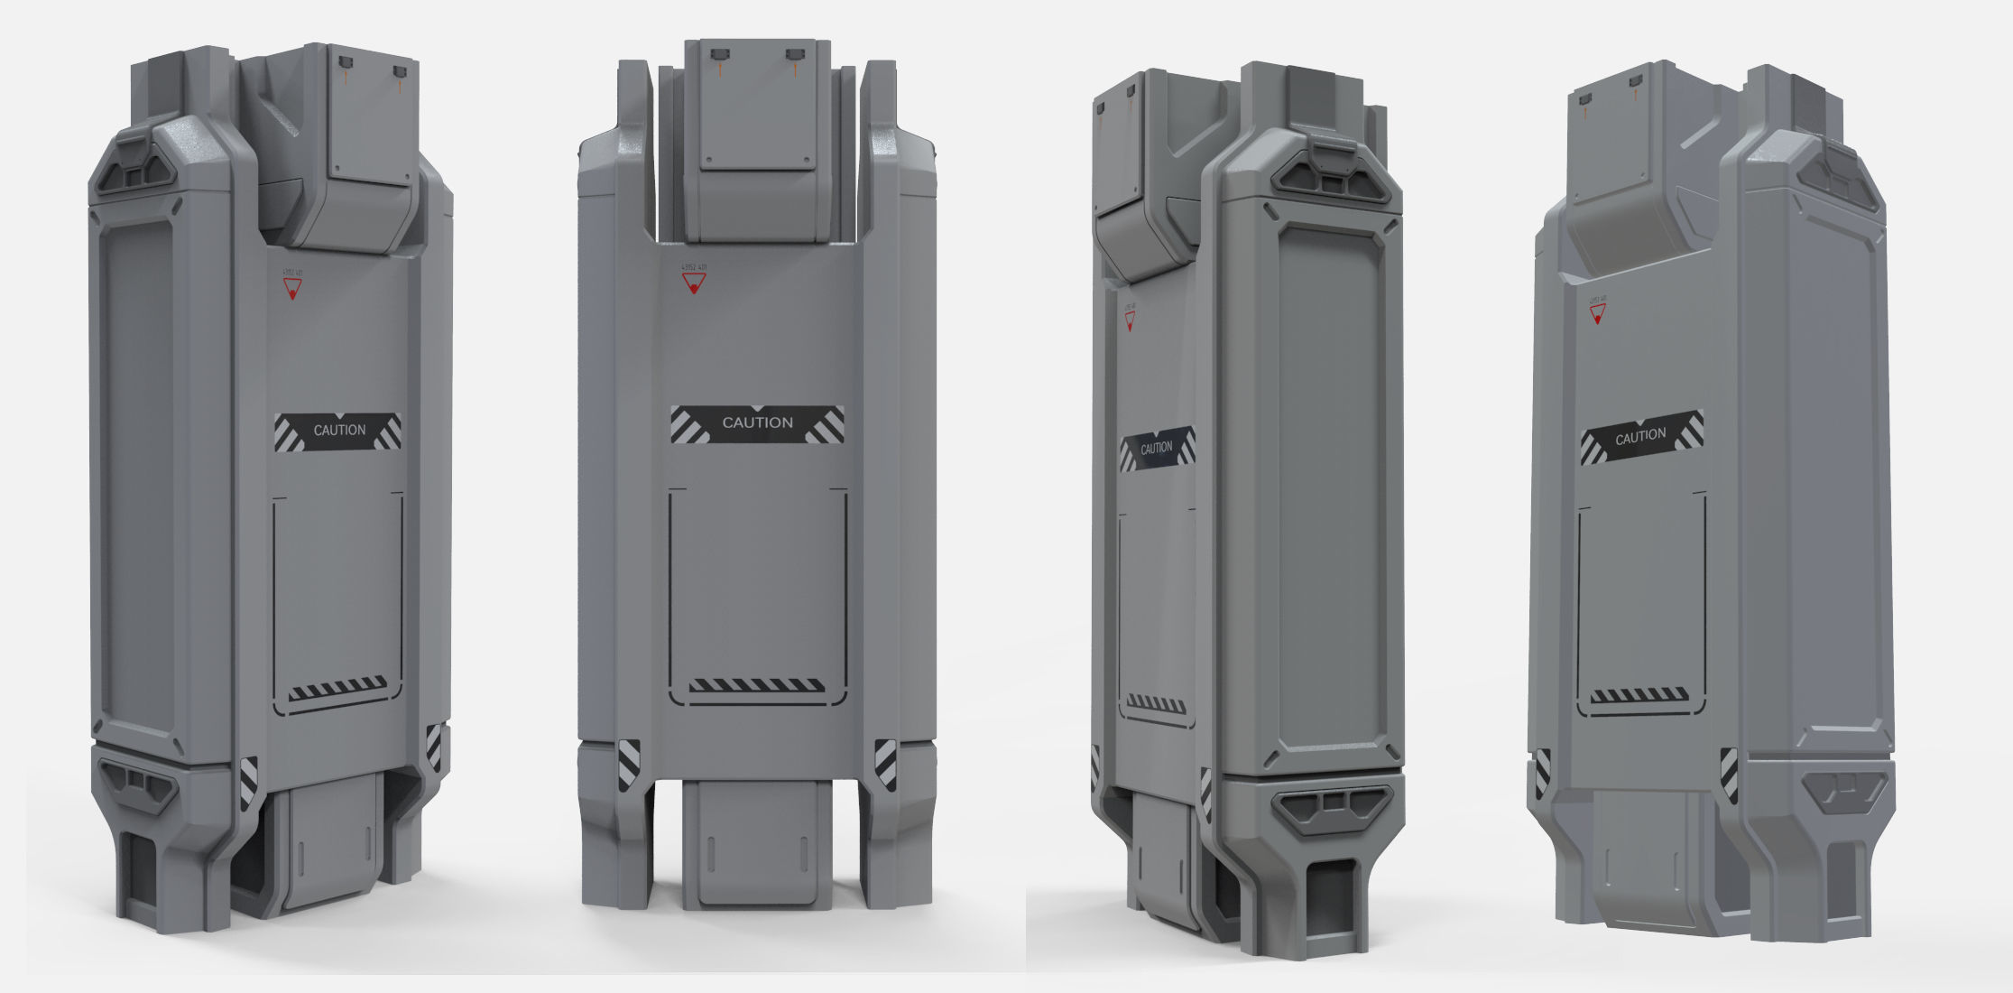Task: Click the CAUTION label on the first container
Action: tap(338, 432)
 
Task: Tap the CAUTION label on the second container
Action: tap(757, 423)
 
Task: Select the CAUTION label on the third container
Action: tap(1157, 449)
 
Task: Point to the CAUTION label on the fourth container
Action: tap(1640, 438)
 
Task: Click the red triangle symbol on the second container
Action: tap(693, 285)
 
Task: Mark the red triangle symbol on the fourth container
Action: tap(1597, 314)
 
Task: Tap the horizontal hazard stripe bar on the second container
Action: tap(756, 686)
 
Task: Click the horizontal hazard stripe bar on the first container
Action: tap(337, 689)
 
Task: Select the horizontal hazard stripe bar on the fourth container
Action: tap(1639, 695)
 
